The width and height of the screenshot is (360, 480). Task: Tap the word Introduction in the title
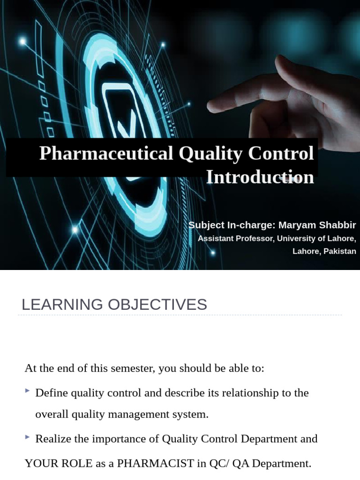pyautogui.click(x=260, y=177)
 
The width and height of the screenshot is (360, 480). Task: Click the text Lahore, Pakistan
pyautogui.click(x=324, y=251)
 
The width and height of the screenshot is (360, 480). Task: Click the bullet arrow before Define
pyautogui.click(x=28, y=390)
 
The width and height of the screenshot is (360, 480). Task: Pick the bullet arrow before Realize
pyautogui.click(x=28, y=437)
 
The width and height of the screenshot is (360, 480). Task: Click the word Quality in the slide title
pyautogui.click(x=207, y=154)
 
